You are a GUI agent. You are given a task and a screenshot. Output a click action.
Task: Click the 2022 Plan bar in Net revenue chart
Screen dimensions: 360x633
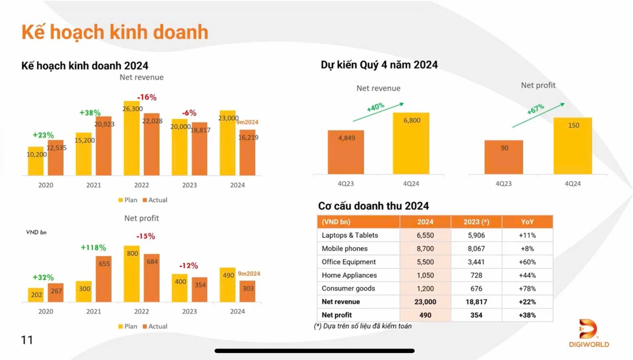pyautogui.click(x=131, y=138)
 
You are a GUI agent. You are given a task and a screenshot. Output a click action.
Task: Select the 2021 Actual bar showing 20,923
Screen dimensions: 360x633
pyautogui.click(x=104, y=146)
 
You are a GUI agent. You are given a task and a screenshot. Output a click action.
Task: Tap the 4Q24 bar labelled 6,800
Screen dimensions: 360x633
pyautogui.click(x=411, y=143)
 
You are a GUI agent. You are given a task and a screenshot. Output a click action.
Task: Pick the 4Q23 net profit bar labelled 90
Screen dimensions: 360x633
pyautogui.click(x=504, y=157)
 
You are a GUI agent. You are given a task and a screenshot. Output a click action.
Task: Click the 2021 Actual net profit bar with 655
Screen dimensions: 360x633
pyautogui.click(x=104, y=279)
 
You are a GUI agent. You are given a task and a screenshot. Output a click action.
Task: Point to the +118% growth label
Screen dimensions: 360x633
pyautogui.click(x=93, y=247)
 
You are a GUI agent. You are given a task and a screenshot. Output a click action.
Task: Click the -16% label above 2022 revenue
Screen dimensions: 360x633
pyautogui.click(x=147, y=97)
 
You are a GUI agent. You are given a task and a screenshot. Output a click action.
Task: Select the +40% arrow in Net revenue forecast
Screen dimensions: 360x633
pyautogui.click(x=385, y=111)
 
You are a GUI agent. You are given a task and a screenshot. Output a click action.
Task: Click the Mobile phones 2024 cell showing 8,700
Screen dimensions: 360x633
pyautogui.click(x=425, y=249)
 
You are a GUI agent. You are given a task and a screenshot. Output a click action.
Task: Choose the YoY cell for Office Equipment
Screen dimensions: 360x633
pyautogui.click(x=527, y=262)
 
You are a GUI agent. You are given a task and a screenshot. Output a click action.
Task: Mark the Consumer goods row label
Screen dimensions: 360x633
pyautogui.click(x=348, y=288)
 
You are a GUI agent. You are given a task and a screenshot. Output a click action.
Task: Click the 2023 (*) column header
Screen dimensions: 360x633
pyautogui.click(x=476, y=222)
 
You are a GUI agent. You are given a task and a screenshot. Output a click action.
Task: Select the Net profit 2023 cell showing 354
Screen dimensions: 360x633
pyautogui.click(x=476, y=315)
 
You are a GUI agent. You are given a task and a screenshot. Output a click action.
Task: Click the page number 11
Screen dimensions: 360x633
pyautogui.click(x=27, y=340)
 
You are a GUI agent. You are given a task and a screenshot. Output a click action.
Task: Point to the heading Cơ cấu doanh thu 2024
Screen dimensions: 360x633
pyautogui.click(x=373, y=206)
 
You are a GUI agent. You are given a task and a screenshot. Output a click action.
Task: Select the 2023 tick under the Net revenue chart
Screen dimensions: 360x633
pyautogui.click(x=189, y=185)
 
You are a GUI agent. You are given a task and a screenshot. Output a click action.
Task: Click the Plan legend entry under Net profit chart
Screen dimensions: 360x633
pyautogui.click(x=128, y=326)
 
